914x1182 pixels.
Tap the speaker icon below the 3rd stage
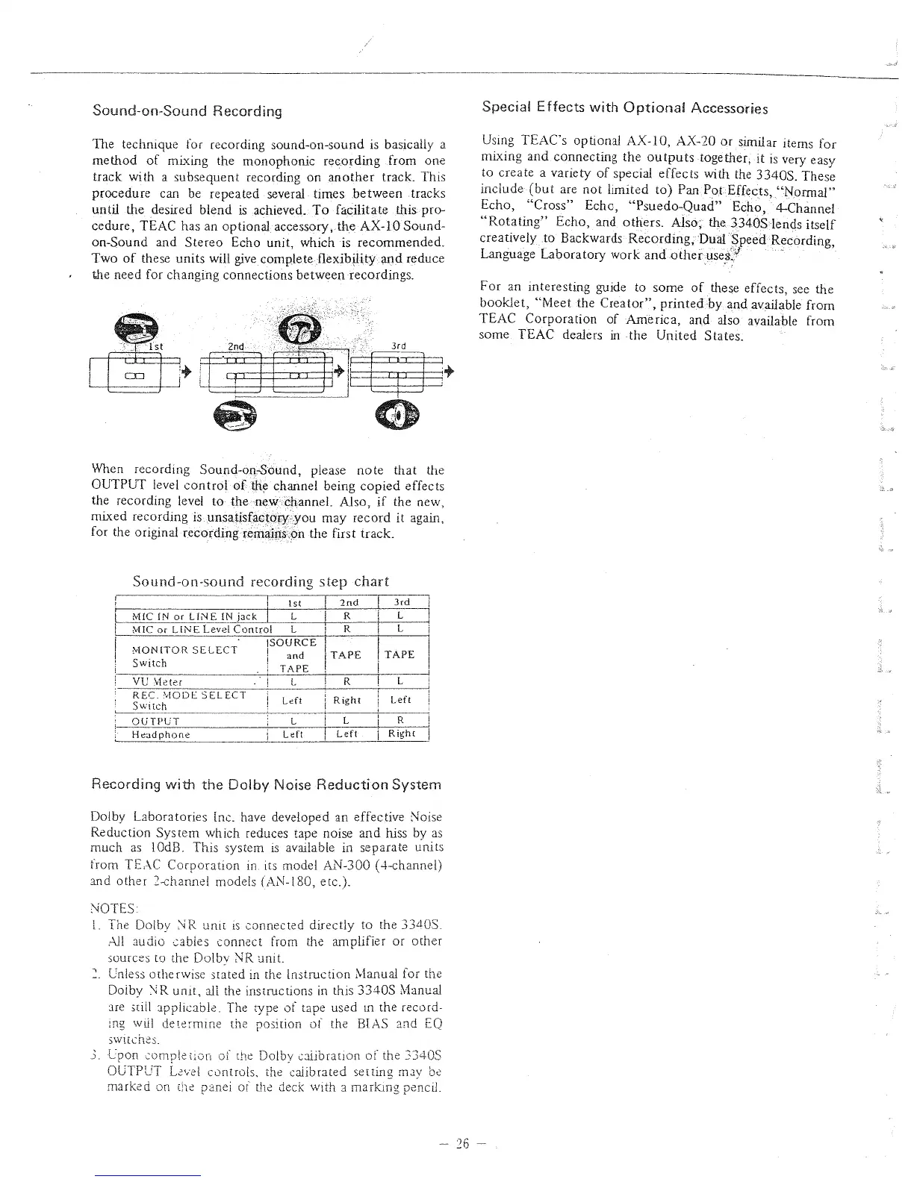[x=396, y=415]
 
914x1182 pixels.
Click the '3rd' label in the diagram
[x=398, y=345]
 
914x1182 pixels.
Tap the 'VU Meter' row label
[x=157, y=681]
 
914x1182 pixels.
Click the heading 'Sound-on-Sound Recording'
[x=187, y=111]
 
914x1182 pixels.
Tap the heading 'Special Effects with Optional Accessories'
[x=625, y=108]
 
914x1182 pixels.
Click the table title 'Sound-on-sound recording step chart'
[x=260, y=581]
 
